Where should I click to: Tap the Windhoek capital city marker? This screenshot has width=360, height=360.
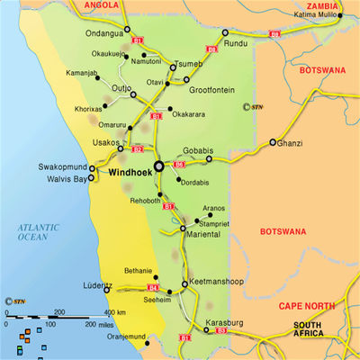pos(159,166)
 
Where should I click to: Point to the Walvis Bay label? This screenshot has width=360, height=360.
pos(67,179)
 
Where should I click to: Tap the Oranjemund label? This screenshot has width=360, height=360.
pos(126,337)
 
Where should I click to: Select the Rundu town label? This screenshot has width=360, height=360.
pos(235,42)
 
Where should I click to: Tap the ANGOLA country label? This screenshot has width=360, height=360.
pos(101,4)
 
